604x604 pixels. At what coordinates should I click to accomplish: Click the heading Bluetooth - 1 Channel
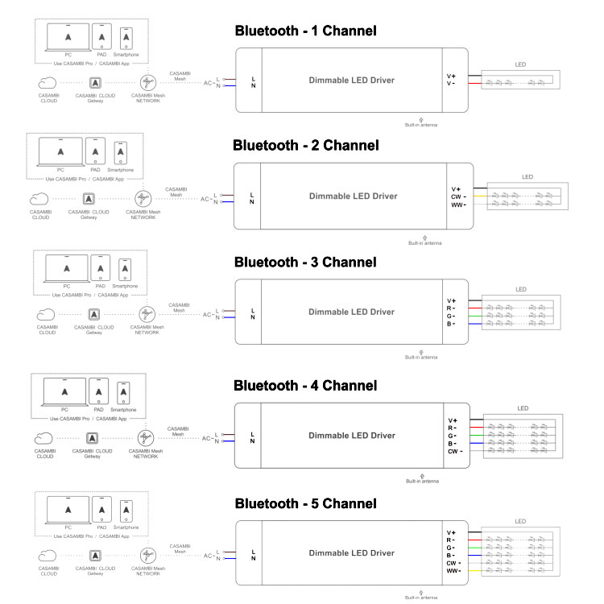point(305,31)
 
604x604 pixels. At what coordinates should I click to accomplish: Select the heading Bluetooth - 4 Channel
point(305,384)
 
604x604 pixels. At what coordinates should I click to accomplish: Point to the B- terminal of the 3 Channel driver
point(452,324)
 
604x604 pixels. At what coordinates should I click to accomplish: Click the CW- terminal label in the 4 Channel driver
point(455,451)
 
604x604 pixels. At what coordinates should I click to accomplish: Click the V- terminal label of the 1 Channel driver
point(451,83)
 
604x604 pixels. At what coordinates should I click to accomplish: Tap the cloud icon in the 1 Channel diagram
point(48,82)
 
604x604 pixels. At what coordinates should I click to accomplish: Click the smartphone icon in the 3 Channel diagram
point(125,268)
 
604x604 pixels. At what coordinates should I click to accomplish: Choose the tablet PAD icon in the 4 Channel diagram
point(100,392)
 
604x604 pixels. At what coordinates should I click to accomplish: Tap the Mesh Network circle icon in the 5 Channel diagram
point(147,556)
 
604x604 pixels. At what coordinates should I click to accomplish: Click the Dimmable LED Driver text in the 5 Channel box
point(351,553)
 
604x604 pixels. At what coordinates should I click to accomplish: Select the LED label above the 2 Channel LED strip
point(527,177)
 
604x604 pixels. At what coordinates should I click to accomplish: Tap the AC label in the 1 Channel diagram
point(208,83)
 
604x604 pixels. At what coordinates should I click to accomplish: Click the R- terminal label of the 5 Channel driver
point(451,540)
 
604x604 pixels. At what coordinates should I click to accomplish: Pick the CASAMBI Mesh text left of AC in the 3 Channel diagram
point(180,307)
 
